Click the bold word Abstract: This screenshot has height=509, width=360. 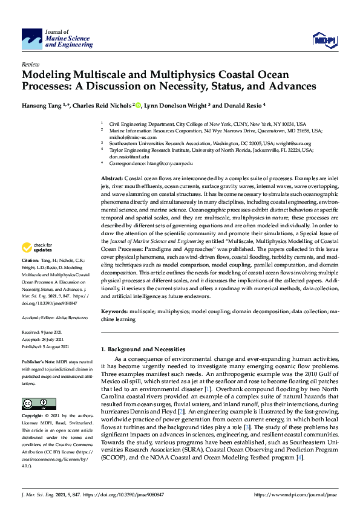(111, 180)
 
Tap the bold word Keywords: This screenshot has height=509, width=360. (114, 311)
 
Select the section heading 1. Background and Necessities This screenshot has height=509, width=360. (143, 349)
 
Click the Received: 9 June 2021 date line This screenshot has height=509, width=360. (44, 332)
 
